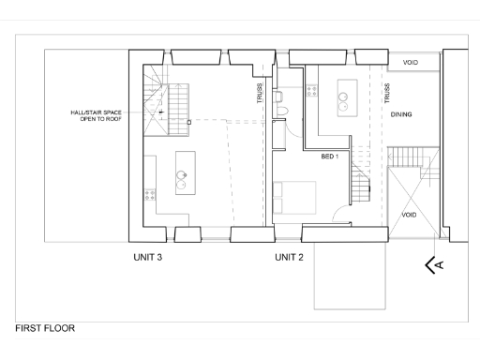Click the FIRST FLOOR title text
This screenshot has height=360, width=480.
pos(45,329)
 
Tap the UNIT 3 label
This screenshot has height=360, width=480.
pos(149,256)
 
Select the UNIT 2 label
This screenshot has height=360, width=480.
pos(289,256)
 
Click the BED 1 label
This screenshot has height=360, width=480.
pos(329,156)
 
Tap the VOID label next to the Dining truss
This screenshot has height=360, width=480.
pos(411,63)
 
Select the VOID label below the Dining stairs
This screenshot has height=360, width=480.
pos(409,215)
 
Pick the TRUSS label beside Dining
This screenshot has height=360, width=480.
pos(386,93)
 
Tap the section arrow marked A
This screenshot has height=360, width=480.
pos(435,265)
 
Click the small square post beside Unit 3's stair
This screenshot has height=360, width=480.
pos(188,122)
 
